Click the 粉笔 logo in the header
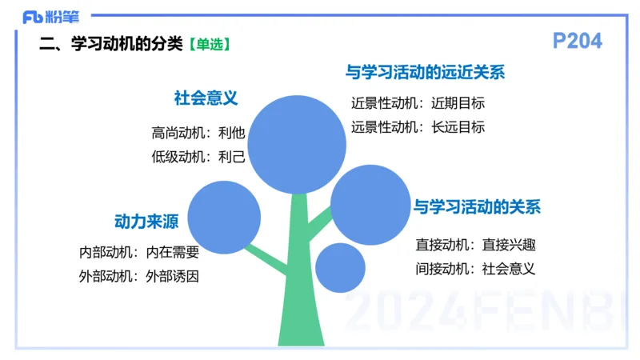(x=46, y=16)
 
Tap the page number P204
(x=577, y=41)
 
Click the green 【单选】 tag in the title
(x=211, y=45)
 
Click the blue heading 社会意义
(x=206, y=98)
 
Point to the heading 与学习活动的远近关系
(x=425, y=73)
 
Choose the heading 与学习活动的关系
(x=477, y=207)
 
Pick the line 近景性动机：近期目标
(x=418, y=102)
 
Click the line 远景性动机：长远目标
(x=418, y=126)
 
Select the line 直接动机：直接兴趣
(x=475, y=244)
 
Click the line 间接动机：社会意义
(x=475, y=269)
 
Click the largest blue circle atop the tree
(x=297, y=144)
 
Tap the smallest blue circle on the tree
(x=340, y=267)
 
